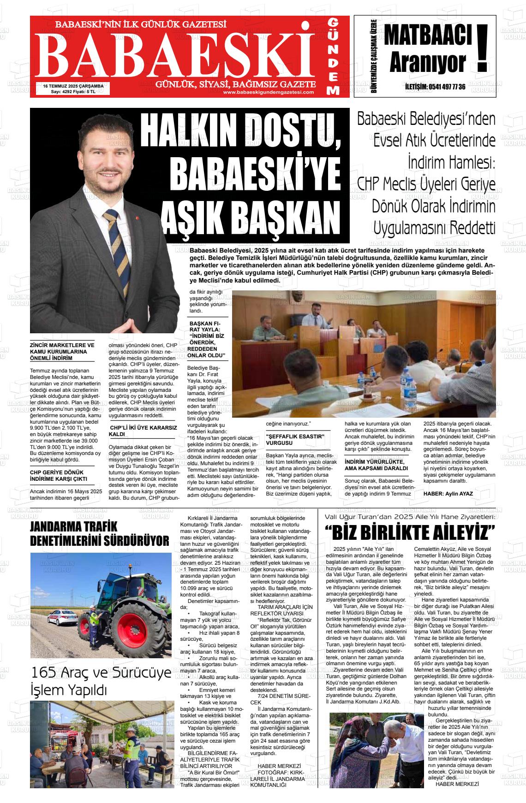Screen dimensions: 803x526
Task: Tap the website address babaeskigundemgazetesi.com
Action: (268, 92)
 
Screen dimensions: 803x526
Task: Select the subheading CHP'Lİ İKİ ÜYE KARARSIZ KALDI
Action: (143, 431)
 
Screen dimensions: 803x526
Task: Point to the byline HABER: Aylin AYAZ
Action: (448, 493)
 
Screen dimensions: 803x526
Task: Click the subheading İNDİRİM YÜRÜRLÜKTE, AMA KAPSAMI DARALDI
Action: (376, 465)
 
